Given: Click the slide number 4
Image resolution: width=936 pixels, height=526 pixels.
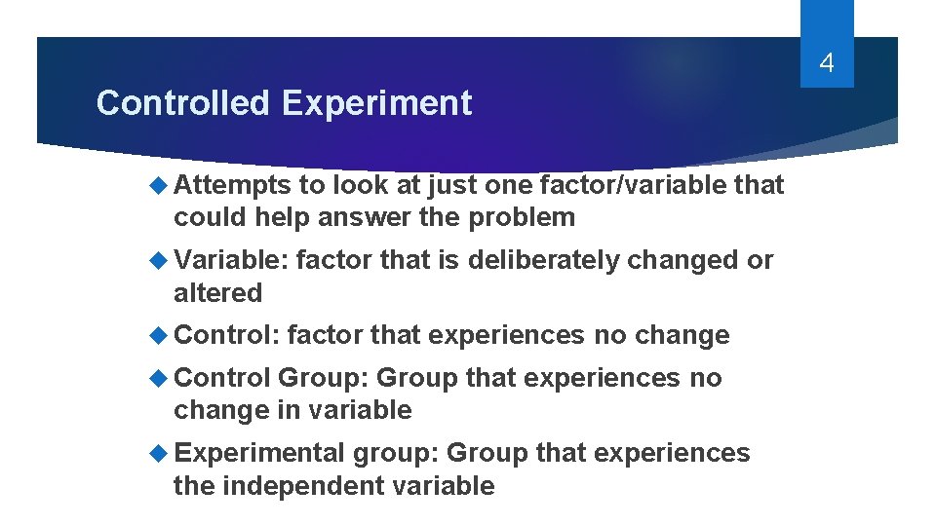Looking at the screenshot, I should point(827,64).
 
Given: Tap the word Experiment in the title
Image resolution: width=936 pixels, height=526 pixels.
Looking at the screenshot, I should point(377,103).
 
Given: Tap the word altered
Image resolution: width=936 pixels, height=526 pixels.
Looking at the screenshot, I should point(217,293).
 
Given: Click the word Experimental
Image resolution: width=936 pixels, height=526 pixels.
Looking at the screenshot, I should point(259,454).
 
